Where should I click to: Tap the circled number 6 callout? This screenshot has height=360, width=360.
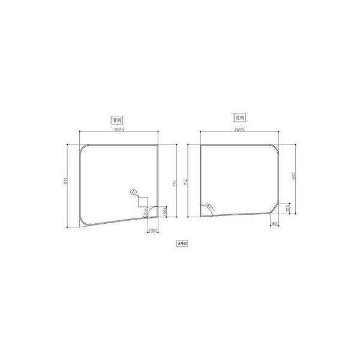(134, 193)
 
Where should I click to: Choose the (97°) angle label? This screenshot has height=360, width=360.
(146, 211)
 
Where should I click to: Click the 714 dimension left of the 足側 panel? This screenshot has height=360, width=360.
(188, 180)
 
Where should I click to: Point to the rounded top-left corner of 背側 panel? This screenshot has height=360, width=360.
(85, 148)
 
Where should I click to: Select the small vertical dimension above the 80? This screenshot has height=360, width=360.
(288, 208)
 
